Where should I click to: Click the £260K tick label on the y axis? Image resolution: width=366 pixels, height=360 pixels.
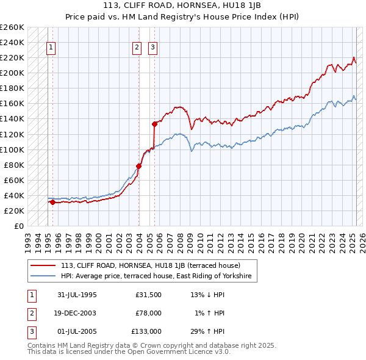click(12, 27)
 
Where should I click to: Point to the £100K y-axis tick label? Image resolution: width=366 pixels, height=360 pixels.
click(12, 149)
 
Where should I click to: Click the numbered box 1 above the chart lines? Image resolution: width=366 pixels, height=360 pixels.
click(51, 48)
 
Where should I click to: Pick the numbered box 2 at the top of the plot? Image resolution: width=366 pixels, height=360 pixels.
click(137, 48)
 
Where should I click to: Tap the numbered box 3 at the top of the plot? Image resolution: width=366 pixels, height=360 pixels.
click(152, 48)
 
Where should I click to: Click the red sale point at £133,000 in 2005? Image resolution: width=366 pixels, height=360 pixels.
click(154, 124)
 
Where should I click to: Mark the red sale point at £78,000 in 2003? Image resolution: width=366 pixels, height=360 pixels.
click(139, 166)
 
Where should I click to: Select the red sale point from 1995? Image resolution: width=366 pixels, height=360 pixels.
click(52, 202)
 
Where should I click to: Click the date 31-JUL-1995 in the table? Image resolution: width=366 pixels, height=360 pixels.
click(77, 295)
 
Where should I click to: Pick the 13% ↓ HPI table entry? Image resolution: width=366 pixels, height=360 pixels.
click(208, 295)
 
